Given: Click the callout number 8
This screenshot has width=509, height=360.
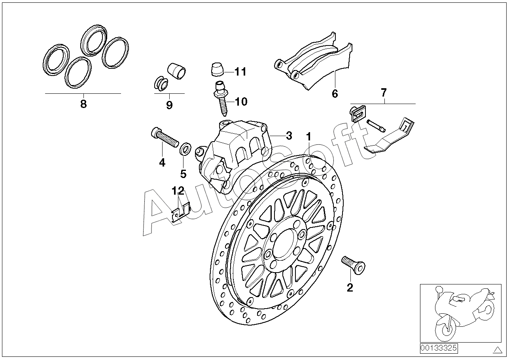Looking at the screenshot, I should (x=83, y=104).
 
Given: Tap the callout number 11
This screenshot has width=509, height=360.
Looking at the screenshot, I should (x=240, y=72).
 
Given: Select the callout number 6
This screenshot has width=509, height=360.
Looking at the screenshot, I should (x=335, y=94).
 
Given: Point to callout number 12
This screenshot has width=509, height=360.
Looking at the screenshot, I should (x=178, y=191).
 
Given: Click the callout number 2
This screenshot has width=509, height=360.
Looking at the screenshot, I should (x=350, y=288).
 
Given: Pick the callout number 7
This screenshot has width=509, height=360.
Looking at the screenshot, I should (x=384, y=93).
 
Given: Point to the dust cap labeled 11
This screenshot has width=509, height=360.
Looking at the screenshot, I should (x=216, y=70).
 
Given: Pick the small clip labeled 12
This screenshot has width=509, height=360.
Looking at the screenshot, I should (x=181, y=212).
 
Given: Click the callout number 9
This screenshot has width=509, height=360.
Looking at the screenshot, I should (x=169, y=105).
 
